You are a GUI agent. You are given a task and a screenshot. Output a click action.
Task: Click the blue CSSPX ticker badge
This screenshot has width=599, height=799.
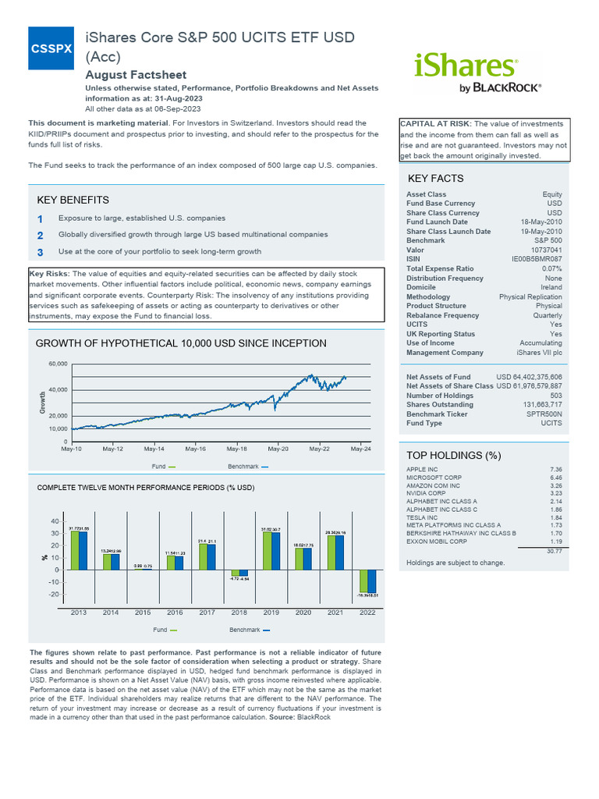pos(51,48)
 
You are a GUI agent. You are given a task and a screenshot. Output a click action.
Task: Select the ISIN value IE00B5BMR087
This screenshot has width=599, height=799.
pos(536,258)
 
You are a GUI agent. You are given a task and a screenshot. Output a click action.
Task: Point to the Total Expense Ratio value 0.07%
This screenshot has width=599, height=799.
pos(550,268)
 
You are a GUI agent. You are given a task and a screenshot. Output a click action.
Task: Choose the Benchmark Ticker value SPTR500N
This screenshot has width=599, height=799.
pos(543,414)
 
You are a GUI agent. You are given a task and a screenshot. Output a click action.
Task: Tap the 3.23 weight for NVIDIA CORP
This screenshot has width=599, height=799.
pos(555,494)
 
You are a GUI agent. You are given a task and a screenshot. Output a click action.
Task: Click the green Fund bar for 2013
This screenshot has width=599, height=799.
pos(75,551)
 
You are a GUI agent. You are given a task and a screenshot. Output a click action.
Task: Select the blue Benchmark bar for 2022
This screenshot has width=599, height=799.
pos(371,581)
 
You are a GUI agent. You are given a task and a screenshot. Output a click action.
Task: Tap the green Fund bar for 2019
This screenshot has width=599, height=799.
pos(266,551)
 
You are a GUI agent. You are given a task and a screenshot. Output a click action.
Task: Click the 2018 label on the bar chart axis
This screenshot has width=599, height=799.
pos(239,613)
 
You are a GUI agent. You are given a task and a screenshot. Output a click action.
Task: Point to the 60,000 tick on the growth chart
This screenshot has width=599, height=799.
pos(58,364)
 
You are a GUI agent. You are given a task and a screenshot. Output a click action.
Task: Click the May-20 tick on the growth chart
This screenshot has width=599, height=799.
pos(278,449)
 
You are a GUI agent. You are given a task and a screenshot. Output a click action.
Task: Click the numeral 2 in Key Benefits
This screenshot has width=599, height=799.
pos(41,235)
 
